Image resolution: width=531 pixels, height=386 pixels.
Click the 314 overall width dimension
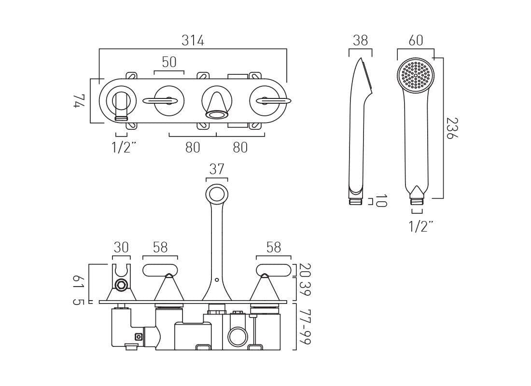[x=193, y=41]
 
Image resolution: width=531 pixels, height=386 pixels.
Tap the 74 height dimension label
[x=80, y=102]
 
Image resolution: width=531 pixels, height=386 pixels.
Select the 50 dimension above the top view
[x=169, y=62]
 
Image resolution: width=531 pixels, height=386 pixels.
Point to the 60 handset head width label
[x=416, y=41]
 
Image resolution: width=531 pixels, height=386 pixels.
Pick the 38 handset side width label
[x=360, y=41]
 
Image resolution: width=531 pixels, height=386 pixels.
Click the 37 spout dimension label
[x=217, y=169]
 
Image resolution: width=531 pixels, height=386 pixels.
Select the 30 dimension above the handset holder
[x=121, y=248]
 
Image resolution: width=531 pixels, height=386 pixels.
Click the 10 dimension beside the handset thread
[x=381, y=201]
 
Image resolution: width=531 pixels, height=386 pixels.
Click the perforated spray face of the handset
[x=416, y=75]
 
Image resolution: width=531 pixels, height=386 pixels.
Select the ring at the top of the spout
[x=216, y=194]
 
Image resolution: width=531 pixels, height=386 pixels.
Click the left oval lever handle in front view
[x=160, y=270]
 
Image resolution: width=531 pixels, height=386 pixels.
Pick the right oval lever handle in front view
[x=274, y=270]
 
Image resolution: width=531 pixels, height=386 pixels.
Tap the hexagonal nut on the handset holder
[x=121, y=284]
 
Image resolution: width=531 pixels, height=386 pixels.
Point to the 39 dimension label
[x=304, y=289]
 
